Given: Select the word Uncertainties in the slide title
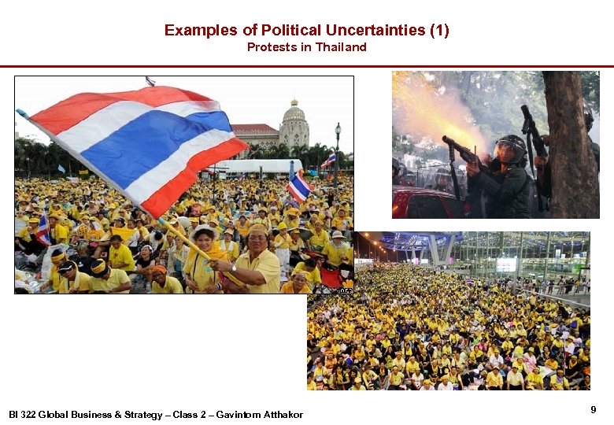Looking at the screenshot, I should [x=367, y=31].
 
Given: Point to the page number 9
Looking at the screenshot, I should [x=593, y=409].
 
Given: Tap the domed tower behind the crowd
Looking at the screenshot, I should [x=294, y=122].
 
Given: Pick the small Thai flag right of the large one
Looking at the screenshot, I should [x=299, y=187].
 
